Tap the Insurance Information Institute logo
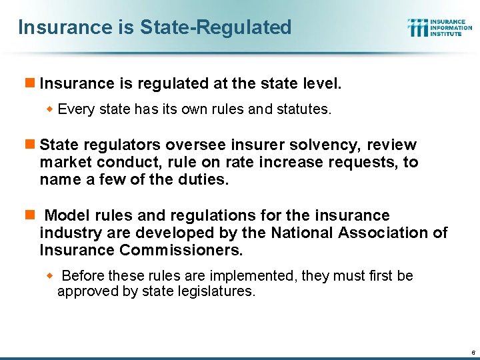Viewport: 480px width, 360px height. pos(440,27)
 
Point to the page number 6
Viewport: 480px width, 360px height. pos(472,351)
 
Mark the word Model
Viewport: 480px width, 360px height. pos(66,215)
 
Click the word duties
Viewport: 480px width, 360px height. pos(203,179)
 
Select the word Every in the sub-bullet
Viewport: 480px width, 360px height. pos(76,109)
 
